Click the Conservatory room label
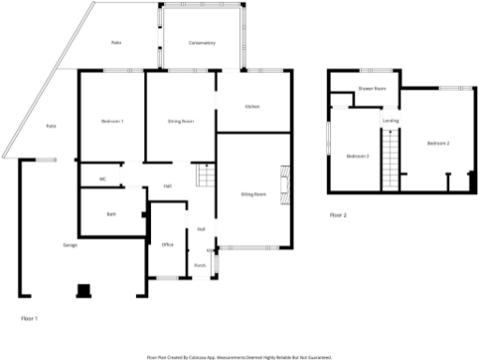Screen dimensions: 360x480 202,43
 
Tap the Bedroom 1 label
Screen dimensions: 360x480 112,122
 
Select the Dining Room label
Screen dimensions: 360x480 180,122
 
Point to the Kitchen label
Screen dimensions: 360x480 251,107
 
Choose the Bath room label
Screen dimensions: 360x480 111,215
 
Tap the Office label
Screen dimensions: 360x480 168,245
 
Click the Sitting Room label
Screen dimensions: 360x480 253,195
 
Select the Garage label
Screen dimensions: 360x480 69,246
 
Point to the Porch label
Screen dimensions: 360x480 200,265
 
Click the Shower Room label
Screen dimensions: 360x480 372,89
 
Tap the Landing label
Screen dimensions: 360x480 390,120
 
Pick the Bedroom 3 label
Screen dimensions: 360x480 357,156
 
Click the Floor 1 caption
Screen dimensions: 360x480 30,319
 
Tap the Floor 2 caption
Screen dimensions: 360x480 338,216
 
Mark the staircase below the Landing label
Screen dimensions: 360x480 391,159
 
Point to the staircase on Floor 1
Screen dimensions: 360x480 203,175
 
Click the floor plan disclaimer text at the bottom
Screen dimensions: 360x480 239,356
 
